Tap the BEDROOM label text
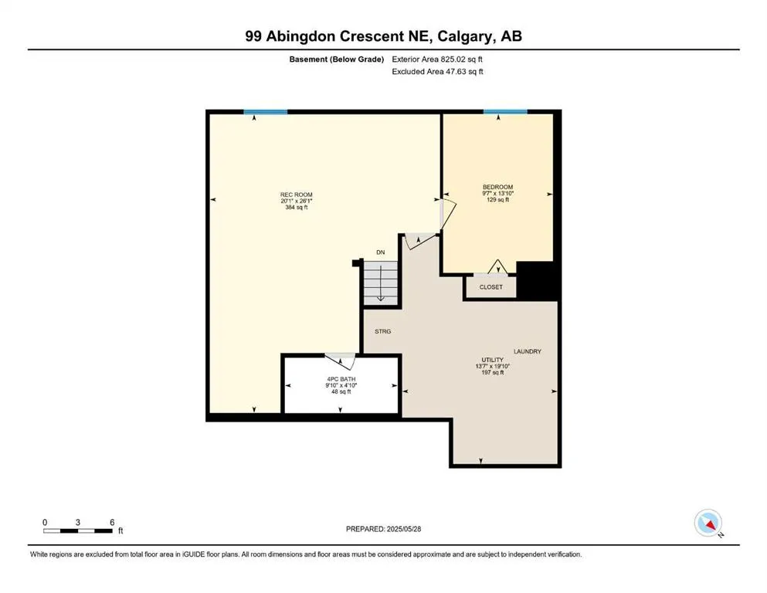click(497, 187)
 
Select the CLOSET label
click(490, 287)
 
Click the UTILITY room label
click(493, 360)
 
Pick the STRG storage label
click(383, 331)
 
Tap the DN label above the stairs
click(380, 252)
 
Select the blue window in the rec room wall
click(266, 112)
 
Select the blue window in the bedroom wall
click(505, 112)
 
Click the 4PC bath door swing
click(340, 360)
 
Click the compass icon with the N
click(708, 524)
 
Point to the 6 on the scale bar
click(112, 523)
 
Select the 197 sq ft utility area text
click(493, 373)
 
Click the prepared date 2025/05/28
click(407, 529)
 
